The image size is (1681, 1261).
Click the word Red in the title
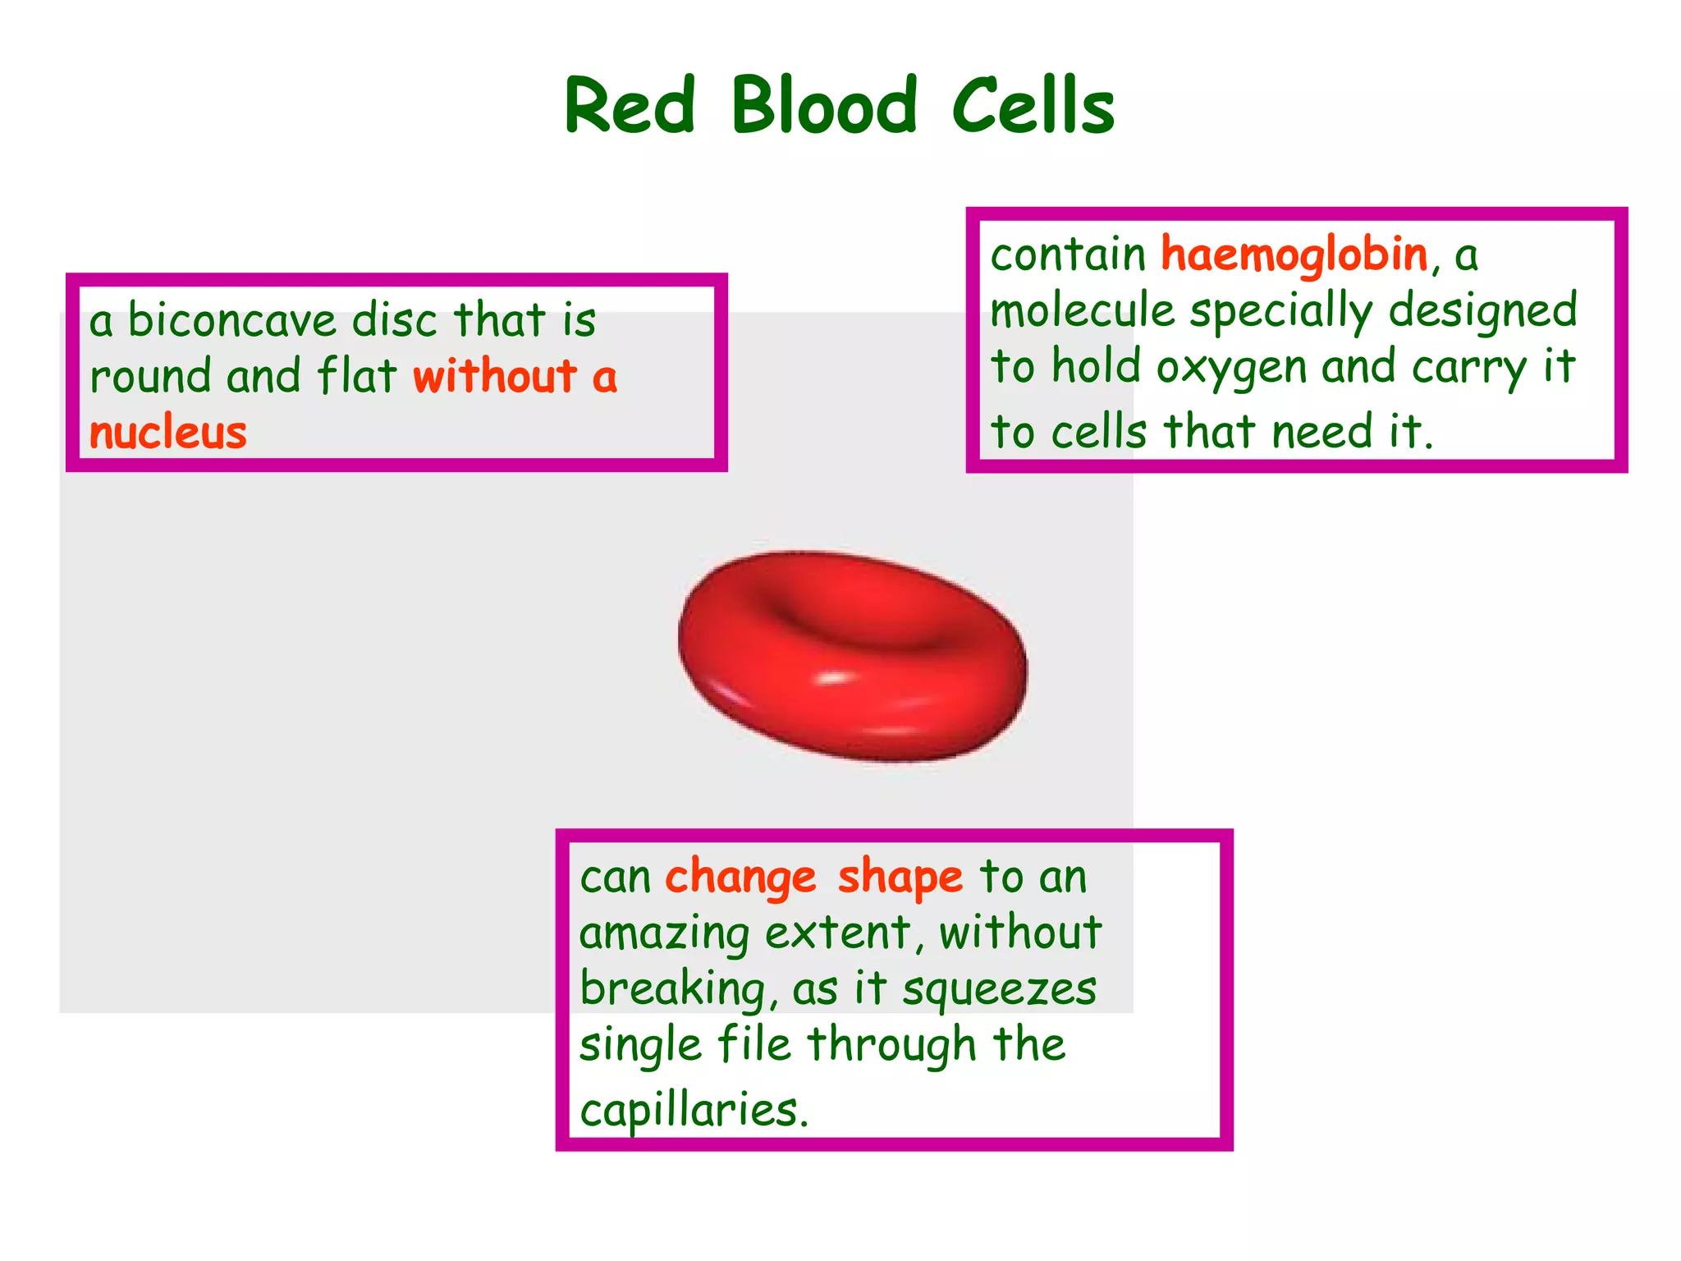(x=630, y=107)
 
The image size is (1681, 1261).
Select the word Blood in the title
(x=823, y=107)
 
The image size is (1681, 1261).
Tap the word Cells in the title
(x=1033, y=107)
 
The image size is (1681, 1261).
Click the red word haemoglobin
(x=1294, y=255)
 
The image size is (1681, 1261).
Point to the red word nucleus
(x=168, y=433)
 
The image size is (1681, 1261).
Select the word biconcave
(x=232, y=320)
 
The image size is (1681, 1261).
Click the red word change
(x=740, y=878)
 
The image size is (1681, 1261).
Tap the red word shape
(x=900, y=878)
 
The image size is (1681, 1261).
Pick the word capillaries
(x=689, y=1111)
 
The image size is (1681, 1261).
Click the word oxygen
(x=1231, y=368)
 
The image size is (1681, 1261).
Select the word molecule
(x=1083, y=311)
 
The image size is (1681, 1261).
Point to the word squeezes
(x=999, y=989)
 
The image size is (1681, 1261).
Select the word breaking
(x=673, y=989)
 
